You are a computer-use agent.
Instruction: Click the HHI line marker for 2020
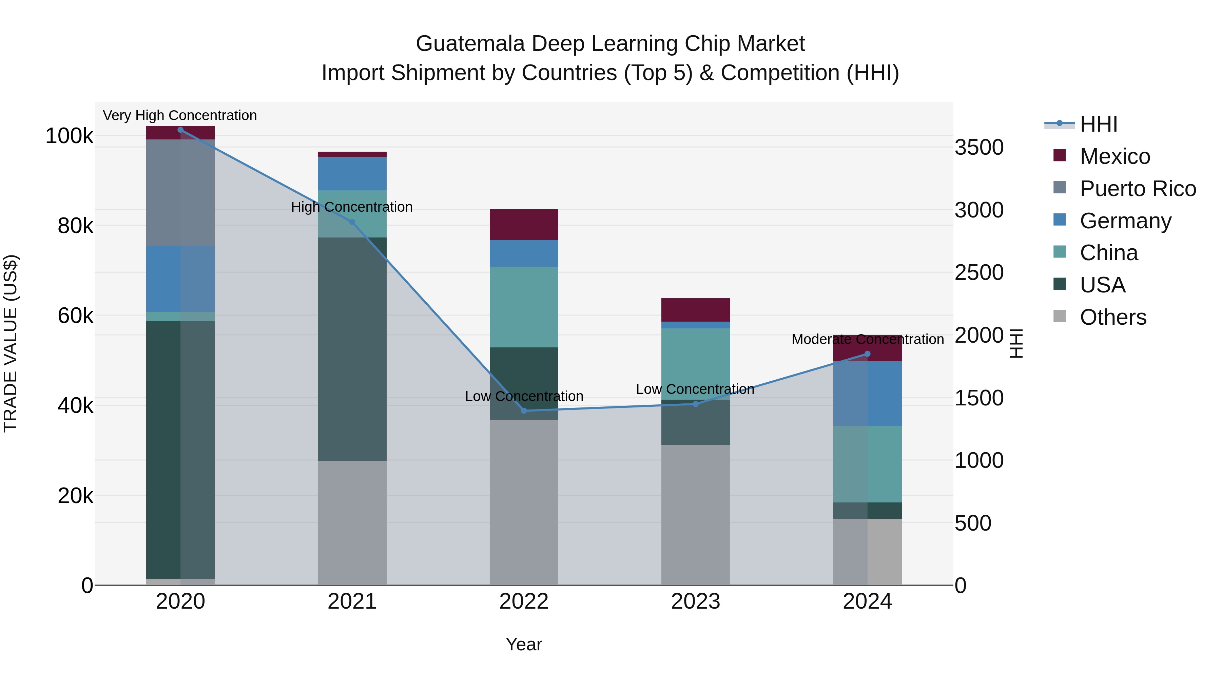(x=180, y=130)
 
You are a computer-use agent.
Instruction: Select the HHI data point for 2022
(x=524, y=411)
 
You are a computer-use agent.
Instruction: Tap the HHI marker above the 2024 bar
(x=867, y=354)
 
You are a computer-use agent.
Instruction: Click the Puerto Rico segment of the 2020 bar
(x=180, y=192)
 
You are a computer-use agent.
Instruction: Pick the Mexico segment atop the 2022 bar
(x=524, y=224)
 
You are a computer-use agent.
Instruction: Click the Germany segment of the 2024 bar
(x=867, y=394)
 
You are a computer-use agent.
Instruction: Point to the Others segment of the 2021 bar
(x=352, y=522)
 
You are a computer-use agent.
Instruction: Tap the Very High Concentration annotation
(x=180, y=115)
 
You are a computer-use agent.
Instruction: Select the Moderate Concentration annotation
(x=867, y=340)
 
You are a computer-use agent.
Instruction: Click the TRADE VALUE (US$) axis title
(x=11, y=343)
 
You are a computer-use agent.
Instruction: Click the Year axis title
(x=524, y=644)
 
